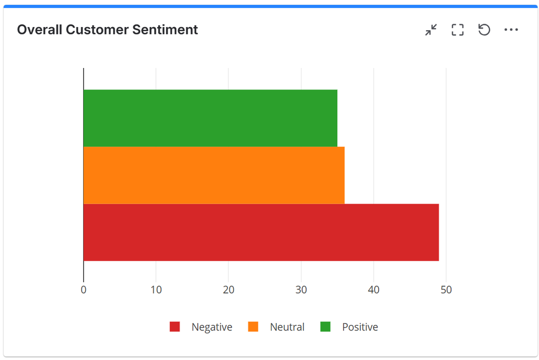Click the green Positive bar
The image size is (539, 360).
210,118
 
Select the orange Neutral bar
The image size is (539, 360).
214,175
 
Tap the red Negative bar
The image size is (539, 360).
261,232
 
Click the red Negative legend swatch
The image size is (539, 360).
175,327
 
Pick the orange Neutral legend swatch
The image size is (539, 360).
253,327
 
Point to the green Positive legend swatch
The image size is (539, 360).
325,327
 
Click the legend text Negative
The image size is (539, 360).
211,327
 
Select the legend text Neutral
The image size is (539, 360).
287,327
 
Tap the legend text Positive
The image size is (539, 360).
360,327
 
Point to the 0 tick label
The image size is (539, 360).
84,290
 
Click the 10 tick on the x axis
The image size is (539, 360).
156,290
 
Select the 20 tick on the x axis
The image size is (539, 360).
228,290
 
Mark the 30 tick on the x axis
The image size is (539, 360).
301,290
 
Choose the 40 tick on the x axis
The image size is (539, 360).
373,290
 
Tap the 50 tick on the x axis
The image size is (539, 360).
446,290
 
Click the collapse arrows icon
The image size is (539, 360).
431,30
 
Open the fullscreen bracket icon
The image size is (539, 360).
458,30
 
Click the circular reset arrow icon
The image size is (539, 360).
484,30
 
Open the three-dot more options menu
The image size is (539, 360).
511,30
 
